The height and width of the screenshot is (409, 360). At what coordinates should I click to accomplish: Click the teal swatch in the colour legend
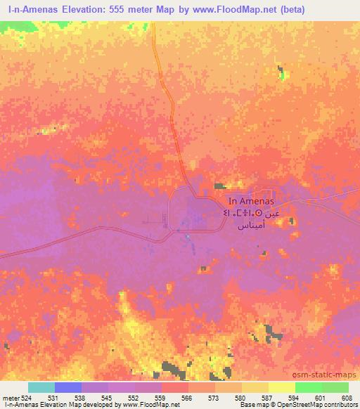tap(41, 387)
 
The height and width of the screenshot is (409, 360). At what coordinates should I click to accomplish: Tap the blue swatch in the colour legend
tap(67, 387)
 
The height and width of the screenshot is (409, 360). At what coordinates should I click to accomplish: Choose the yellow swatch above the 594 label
tap(282, 387)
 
